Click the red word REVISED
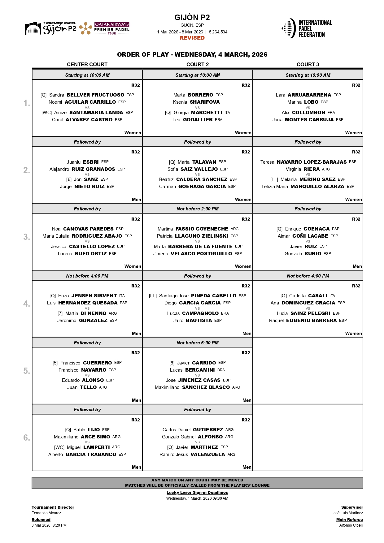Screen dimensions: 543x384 [x=192, y=38]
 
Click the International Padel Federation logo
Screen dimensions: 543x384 [x=307, y=28]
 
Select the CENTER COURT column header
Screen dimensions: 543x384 [x=87, y=64]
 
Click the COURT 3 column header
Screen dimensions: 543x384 [x=308, y=64]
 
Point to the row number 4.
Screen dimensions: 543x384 [x=27, y=304]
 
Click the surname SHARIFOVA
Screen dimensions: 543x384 [x=204, y=102]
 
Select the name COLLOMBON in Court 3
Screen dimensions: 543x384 [x=308, y=113]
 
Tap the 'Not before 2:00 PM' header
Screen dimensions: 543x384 [x=198, y=209]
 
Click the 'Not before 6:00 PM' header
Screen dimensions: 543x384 [x=198, y=343]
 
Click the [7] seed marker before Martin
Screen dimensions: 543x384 [x=60, y=313]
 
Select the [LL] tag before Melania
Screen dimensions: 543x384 [x=274, y=179]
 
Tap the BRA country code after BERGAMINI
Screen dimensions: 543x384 [x=221, y=370]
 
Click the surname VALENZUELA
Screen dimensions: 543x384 [x=207, y=455]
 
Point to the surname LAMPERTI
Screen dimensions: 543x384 [x=96, y=447]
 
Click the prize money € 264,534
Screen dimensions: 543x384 [x=218, y=32]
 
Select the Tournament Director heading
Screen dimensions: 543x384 [x=53, y=507]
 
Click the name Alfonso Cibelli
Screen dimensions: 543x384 [x=351, y=525]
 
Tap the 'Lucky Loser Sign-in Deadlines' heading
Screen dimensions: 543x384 [x=197, y=493]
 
